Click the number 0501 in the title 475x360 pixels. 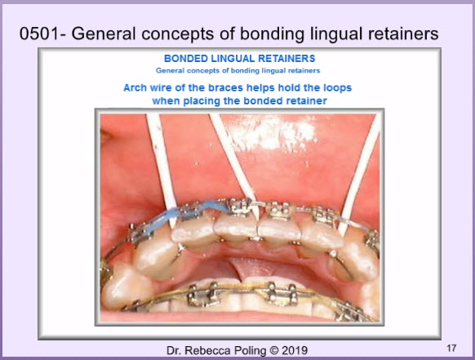click(39, 33)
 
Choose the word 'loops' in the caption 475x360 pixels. click(337, 87)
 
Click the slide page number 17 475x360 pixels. click(451, 348)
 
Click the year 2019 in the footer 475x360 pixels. click(295, 350)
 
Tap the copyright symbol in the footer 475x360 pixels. click(274, 350)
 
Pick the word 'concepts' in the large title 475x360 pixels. click(178, 34)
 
